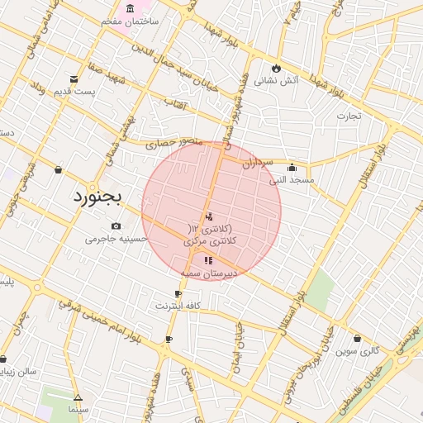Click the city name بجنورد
pos(97,197)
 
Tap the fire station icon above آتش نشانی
pos(276,68)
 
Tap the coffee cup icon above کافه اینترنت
pos(178,294)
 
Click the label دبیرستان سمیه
pos(207,272)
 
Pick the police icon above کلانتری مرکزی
pos(208,216)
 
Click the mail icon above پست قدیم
pos(74,79)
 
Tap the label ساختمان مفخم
pos(130,21)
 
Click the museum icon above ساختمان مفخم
pos(131,8)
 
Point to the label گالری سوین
pos(357,350)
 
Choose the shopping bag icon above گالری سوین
pos(357,338)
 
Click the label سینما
pos(78,409)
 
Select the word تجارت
pos(349,116)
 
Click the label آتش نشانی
pos(275,81)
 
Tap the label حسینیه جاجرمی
pos(116,240)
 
